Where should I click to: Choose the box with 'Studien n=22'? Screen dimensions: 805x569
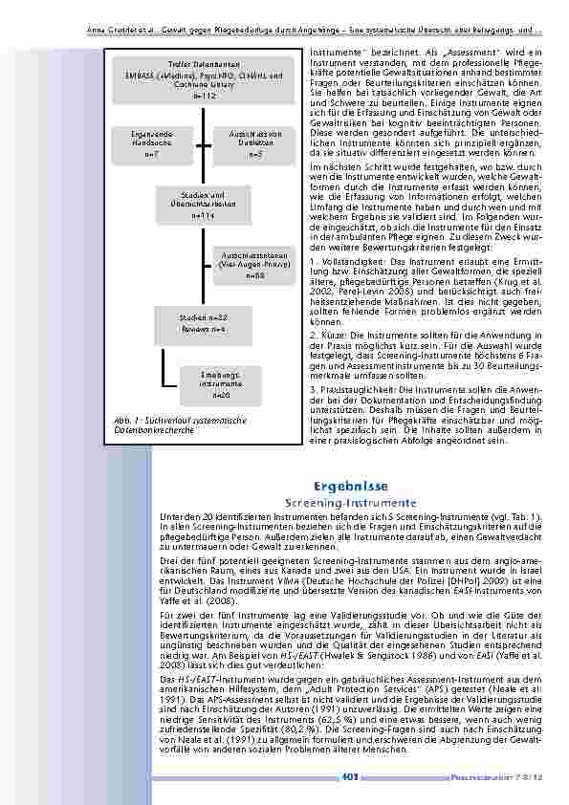(x=203, y=321)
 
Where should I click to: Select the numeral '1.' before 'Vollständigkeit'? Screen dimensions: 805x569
(x=312, y=260)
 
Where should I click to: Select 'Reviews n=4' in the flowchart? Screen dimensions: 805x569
(x=203, y=329)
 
